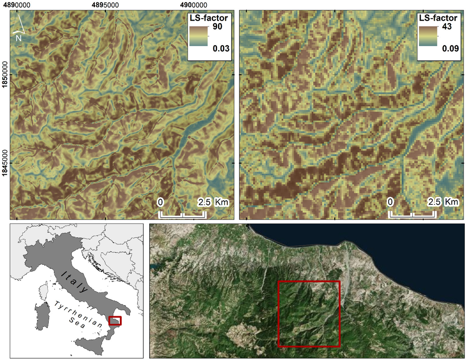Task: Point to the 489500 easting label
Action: [x=106, y=5]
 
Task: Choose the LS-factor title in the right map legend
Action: [x=438, y=18]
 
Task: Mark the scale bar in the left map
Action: [x=182, y=214]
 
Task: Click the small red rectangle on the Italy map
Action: [x=115, y=321]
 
